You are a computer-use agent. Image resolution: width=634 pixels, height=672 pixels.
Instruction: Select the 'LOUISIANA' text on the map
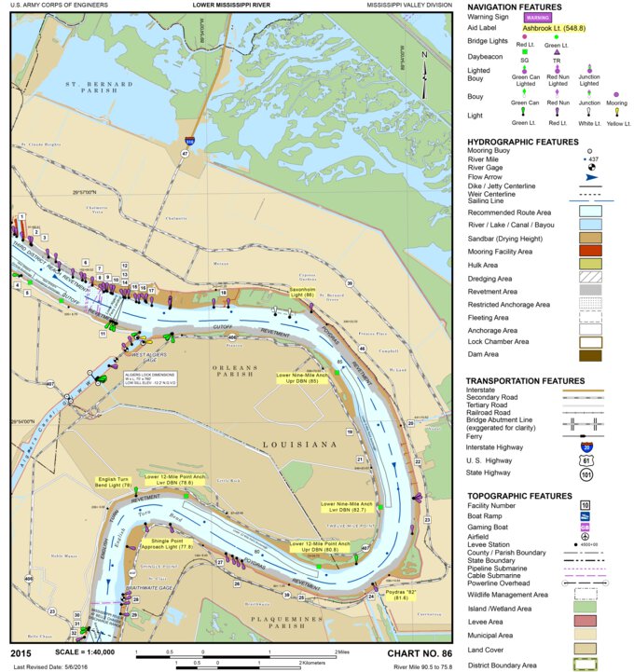pyautogui.click(x=299, y=446)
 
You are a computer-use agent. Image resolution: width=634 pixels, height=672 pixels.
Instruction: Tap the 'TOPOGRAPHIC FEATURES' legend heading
pyautogui.click(x=518, y=494)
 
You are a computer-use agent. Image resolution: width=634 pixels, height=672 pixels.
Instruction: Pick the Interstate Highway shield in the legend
pyautogui.click(x=584, y=446)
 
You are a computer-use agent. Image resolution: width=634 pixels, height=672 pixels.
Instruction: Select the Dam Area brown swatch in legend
pyautogui.click(x=584, y=354)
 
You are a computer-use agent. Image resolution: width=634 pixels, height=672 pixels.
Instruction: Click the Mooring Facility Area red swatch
pyautogui.click(x=584, y=250)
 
